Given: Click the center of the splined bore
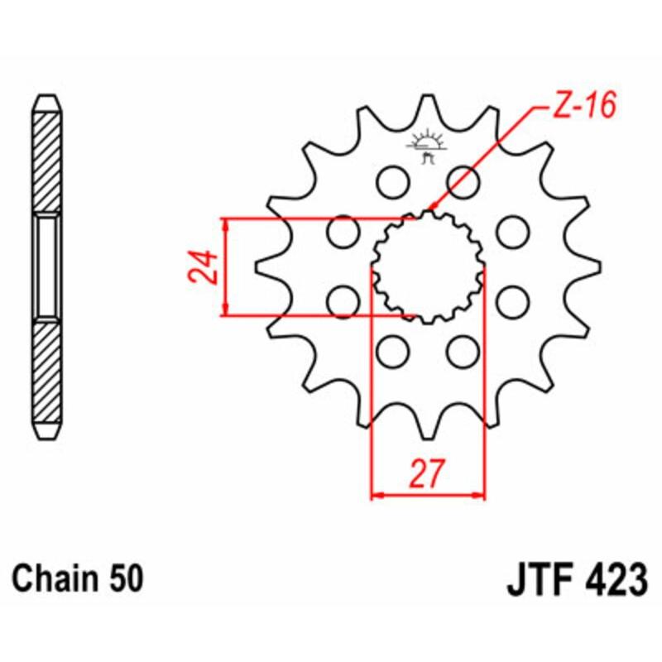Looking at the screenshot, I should tap(427, 266).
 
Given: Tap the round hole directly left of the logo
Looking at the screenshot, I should tap(390, 180).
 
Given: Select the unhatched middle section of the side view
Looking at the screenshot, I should tap(47, 266).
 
